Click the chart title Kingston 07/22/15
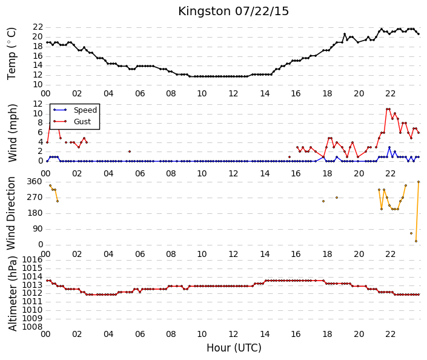coord(233,12)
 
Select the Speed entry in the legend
coord(85,110)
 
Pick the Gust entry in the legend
coord(82,122)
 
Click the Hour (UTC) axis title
coord(234,348)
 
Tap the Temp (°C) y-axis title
coord(12,54)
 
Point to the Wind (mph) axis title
coord(12,133)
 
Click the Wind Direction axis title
coord(11,213)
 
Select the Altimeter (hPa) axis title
coord(12,293)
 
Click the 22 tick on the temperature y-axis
coord(38,27)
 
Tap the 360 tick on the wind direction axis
coord(35,182)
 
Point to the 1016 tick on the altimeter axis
coord(33,259)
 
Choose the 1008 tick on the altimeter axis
coord(33,327)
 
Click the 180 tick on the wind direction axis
coord(35,213)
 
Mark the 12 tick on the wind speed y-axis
coord(38,104)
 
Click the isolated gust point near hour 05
coord(130,152)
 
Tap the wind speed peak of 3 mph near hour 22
coord(389,147)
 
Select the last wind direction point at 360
coord(419,182)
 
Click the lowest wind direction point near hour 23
coord(416,241)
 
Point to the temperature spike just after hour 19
coord(345,34)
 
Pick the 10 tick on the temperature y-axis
coord(38,85)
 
